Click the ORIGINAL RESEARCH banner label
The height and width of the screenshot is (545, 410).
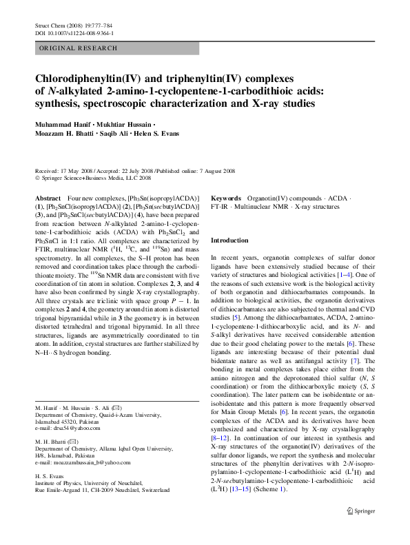coord(70,49)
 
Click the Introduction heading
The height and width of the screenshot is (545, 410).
coord(229,240)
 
